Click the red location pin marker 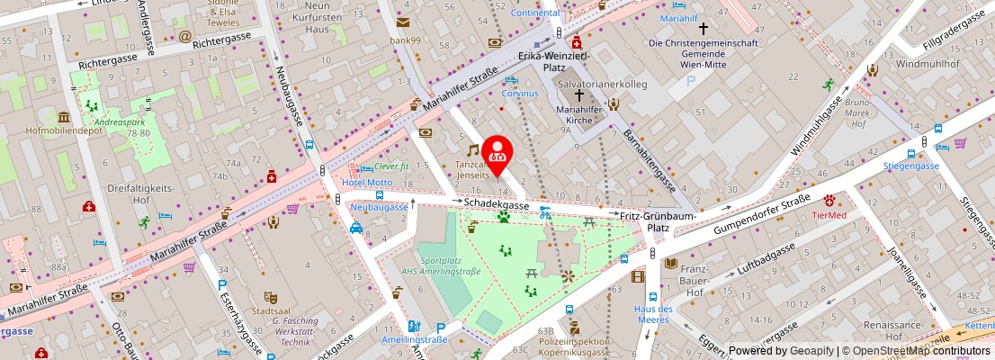click(497, 152)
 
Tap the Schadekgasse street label click(496, 205)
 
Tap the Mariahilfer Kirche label click(586, 116)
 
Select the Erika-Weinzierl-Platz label click(553, 62)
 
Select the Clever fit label click(391, 166)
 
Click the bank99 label click(405, 40)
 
